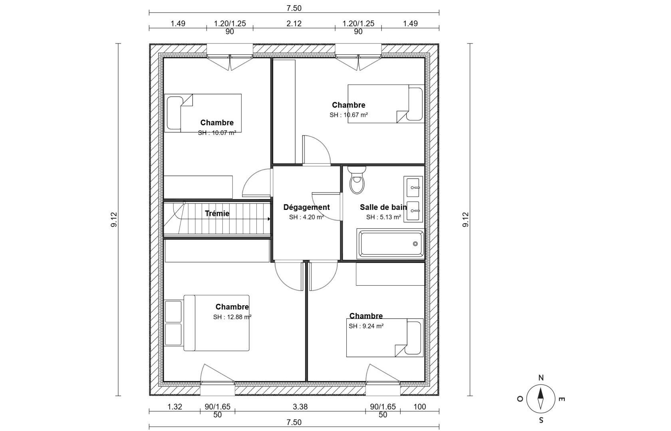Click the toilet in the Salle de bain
tap(357, 180)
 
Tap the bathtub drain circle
tap(415, 244)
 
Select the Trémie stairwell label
tap(217, 214)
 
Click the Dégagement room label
tap(306, 207)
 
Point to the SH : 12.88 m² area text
tap(232, 317)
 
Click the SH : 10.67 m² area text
tap(349, 115)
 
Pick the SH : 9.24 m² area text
tap(366, 326)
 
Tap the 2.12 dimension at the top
tap(294, 23)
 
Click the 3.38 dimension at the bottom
tap(300, 407)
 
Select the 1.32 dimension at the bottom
tap(175, 407)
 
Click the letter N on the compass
tap(541, 378)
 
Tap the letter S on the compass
tap(541, 420)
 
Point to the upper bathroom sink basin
tap(413, 188)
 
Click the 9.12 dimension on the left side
tap(114, 219)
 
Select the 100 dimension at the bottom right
tap(420, 407)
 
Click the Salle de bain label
tap(383, 207)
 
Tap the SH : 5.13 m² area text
tap(383, 217)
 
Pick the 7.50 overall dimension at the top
tap(294, 8)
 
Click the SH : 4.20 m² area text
tap(306, 217)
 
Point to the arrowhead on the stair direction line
tap(269, 219)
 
